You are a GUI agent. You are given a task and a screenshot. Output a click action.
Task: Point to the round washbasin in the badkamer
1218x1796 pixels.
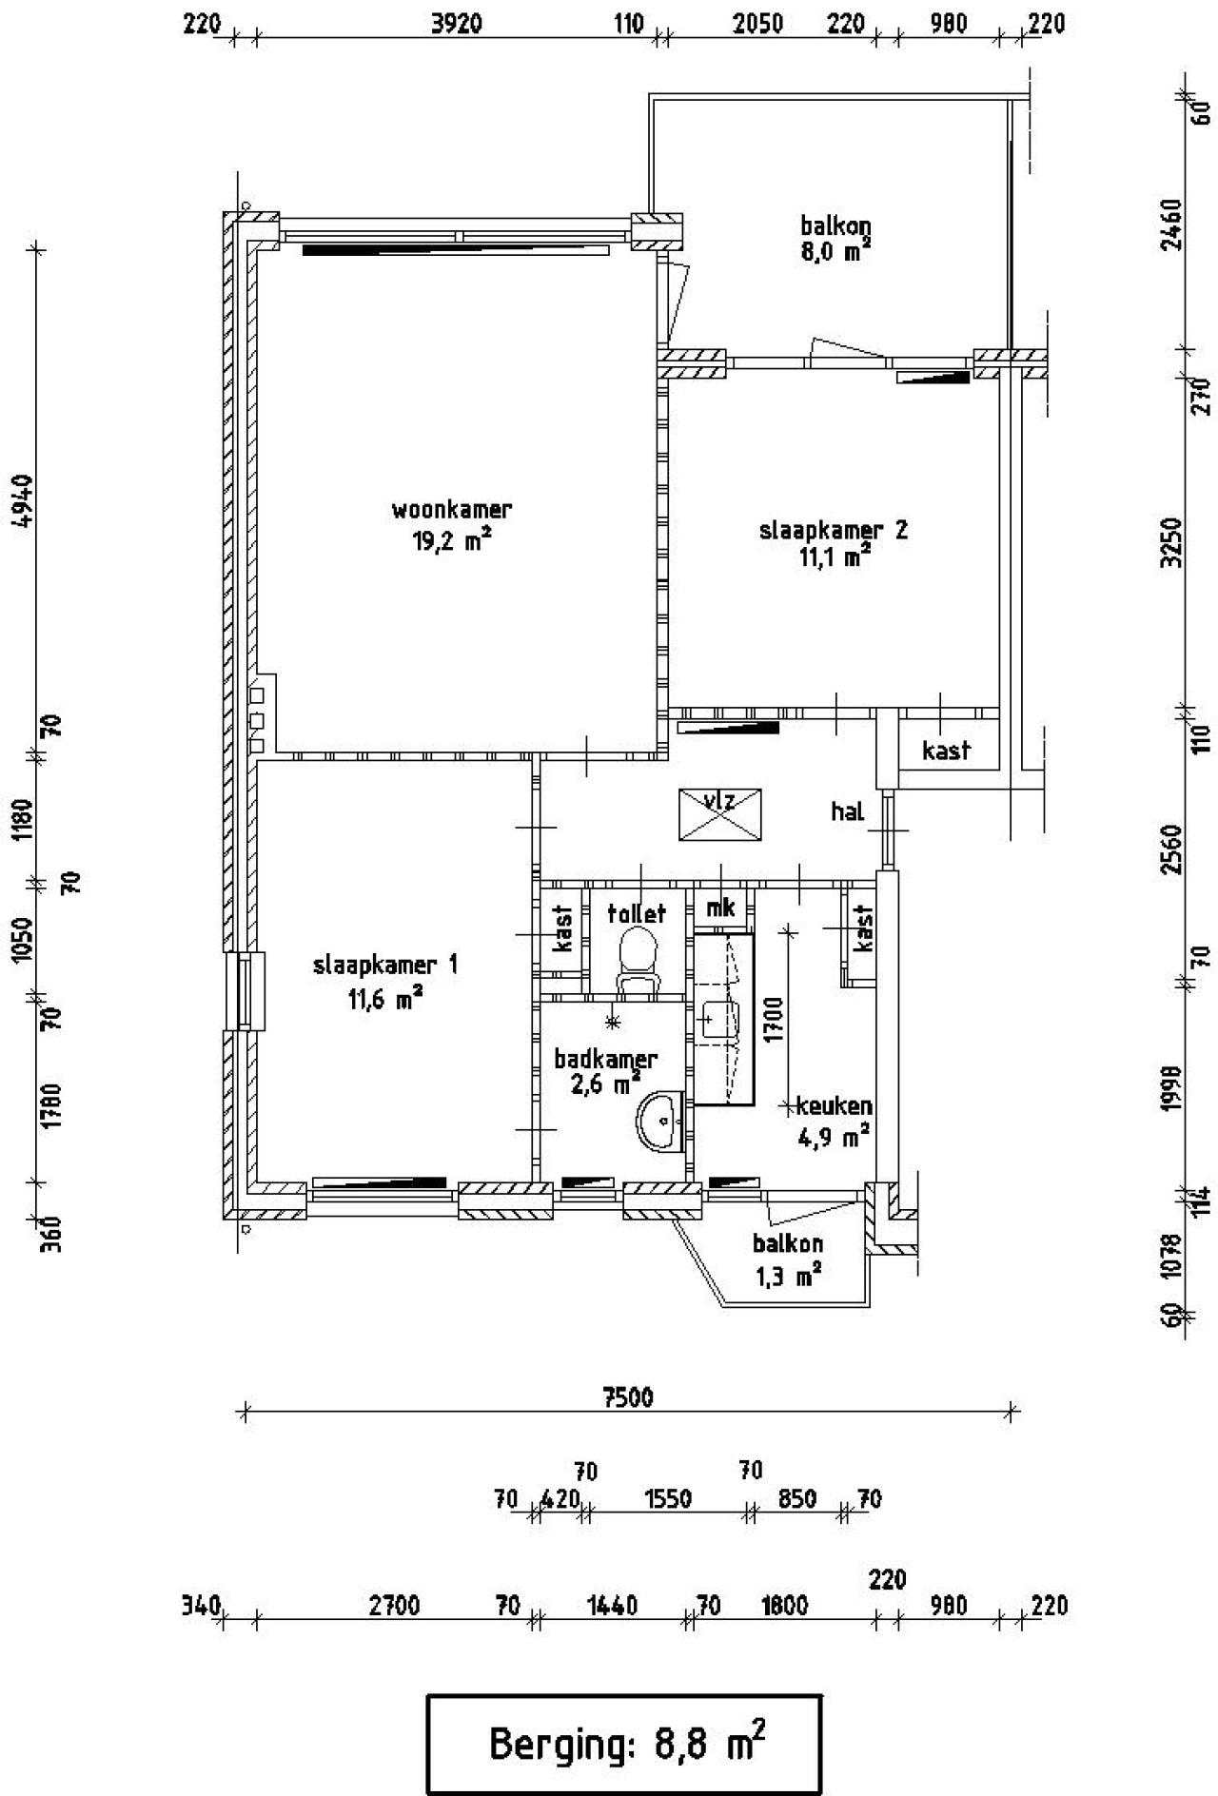click(660, 1122)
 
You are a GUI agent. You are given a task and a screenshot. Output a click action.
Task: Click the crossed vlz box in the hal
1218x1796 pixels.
click(719, 814)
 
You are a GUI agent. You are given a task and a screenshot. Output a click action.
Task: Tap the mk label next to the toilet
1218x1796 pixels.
click(720, 908)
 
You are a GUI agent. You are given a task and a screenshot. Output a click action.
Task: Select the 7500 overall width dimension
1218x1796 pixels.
click(628, 1397)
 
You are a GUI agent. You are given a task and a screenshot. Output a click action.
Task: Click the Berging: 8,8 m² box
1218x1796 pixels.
click(623, 1743)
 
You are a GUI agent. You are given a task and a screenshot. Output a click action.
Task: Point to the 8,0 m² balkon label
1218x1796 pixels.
click(835, 239)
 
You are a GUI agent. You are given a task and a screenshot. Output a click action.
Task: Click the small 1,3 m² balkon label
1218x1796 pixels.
click(788, 1259)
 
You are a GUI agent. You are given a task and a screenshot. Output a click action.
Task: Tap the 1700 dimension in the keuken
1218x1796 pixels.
click(772, 1020)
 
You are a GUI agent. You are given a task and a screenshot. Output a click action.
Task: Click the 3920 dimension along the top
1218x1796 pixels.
click(457, 24)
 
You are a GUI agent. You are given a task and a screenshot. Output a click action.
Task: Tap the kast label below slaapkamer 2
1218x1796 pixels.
click(946, 751)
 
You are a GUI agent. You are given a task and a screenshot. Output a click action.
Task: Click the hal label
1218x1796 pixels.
click(847, 811)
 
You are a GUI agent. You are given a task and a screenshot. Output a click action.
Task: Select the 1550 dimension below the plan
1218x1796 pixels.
click(667, 1499)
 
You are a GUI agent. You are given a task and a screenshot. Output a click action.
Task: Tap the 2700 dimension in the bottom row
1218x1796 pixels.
click(394, 1607)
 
